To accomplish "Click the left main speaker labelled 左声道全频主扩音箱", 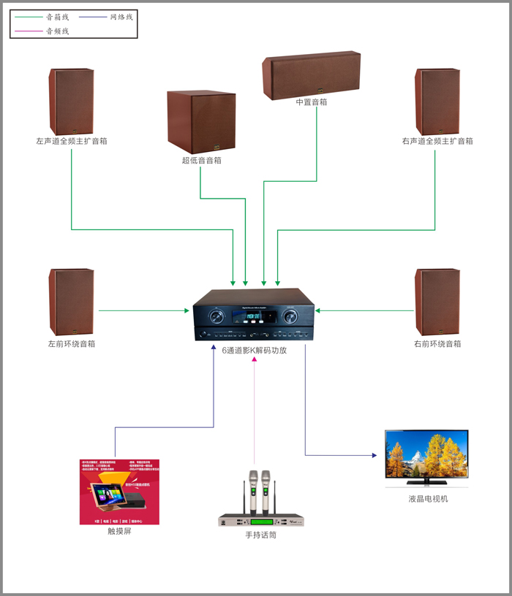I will [x=72, y=102].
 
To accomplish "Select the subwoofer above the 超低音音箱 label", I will [x=201, y=122].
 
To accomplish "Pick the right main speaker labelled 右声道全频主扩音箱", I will [x=437, y=102].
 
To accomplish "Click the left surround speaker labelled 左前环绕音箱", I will [x=72, y=302].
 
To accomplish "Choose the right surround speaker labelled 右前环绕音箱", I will [x=437, y=302].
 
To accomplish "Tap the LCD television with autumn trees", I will [x=426, y=459].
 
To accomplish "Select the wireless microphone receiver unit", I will [x=261, y=521].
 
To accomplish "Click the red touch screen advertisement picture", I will [x=119, y=492].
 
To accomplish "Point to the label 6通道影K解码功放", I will [x=254, y=350].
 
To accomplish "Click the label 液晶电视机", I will [x=428, y=499].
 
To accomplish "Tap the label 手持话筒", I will [x=261, y=535].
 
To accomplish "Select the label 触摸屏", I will [x=119, y=531].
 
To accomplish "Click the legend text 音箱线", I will [x=58, y=16].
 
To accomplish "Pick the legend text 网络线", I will [x=121, y=16].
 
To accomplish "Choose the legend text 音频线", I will [x=58, y=31].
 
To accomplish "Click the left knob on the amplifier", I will [x=217, y=317].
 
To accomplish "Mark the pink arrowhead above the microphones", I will [x=255, y=359].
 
